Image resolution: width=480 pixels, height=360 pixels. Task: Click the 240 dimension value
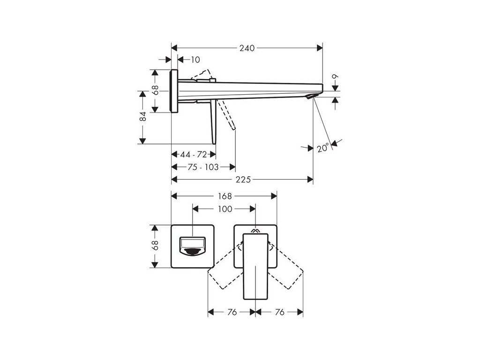tap(247, 47)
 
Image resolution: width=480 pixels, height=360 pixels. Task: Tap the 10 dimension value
tap(195, 60)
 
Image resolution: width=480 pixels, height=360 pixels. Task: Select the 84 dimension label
tap(143, 117)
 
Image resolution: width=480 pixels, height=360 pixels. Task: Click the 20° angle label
tap(322, 149)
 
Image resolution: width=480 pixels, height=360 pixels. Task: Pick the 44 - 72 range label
tap(194, 155)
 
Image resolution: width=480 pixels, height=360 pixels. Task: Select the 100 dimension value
tap(225, 209)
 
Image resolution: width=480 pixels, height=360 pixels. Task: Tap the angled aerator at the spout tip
tap(311, 96)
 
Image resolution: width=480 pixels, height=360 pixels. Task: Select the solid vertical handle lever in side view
tap(214, 121)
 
